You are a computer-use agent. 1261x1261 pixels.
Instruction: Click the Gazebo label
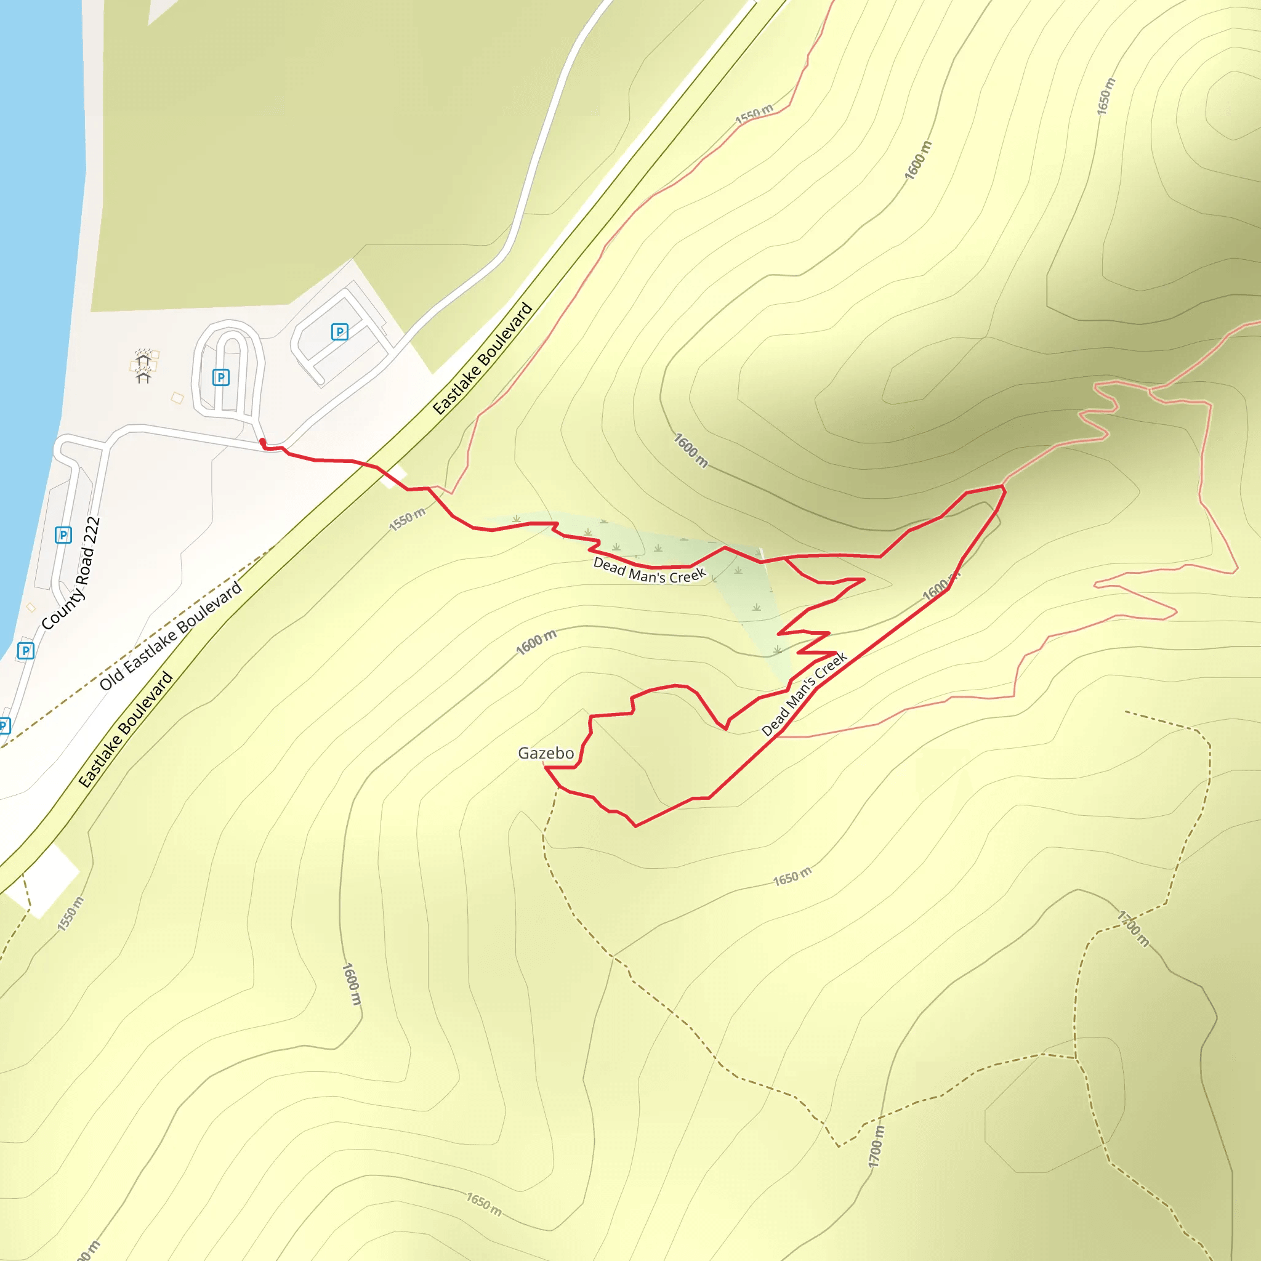(546, 753)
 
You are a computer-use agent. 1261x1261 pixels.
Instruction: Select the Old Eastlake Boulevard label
(171, 635)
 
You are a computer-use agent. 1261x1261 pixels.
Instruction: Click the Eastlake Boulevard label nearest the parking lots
(483, 358)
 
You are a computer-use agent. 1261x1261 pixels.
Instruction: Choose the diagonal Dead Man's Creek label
(804, 694)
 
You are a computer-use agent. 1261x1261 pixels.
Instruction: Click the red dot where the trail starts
(262, 442)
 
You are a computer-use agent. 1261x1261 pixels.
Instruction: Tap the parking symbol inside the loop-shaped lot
(220, 377)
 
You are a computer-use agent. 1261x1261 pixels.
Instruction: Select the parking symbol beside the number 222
(63, 535)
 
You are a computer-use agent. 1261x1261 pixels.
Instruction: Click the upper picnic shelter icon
(143, 357)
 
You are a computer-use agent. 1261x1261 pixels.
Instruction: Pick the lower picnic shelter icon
(143, 374)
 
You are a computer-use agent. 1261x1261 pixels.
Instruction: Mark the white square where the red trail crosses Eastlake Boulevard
(394, 477)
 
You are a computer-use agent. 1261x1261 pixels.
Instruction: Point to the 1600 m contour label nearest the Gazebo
(536, 642)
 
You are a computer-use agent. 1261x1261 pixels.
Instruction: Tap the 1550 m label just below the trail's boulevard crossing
(407, 519)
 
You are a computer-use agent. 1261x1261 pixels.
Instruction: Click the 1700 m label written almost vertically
(877, 1146)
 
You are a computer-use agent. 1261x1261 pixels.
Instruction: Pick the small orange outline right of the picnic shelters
(177, 398)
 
